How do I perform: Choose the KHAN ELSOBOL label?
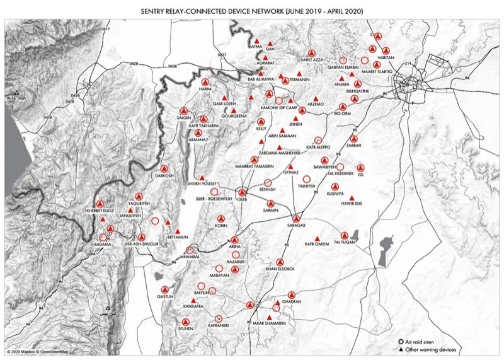tap(280, 269)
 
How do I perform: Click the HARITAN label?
tap(385, 57)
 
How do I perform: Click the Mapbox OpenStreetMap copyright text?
tap(38, 352)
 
